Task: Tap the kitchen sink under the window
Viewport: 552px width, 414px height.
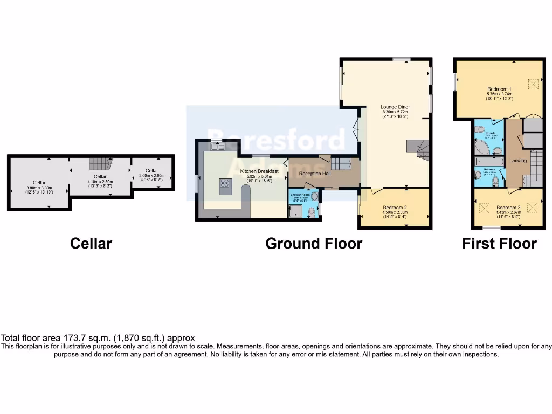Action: point(217,147)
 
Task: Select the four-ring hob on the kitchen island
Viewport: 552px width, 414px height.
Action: point(225,183)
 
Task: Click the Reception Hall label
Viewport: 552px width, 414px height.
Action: point(314,174)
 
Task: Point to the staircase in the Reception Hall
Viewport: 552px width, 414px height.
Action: point(341,164)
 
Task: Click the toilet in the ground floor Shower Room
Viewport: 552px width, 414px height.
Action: point(312,212)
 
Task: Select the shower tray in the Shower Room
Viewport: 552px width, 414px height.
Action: point(295,213)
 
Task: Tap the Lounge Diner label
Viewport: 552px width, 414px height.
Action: point(395,107)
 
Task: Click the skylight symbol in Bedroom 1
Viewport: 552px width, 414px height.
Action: point(533,85)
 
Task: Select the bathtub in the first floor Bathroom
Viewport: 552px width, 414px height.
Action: point(488,161)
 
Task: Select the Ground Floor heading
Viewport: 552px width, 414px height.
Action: point(314,244)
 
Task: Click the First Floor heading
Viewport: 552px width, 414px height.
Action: point(499,244)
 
